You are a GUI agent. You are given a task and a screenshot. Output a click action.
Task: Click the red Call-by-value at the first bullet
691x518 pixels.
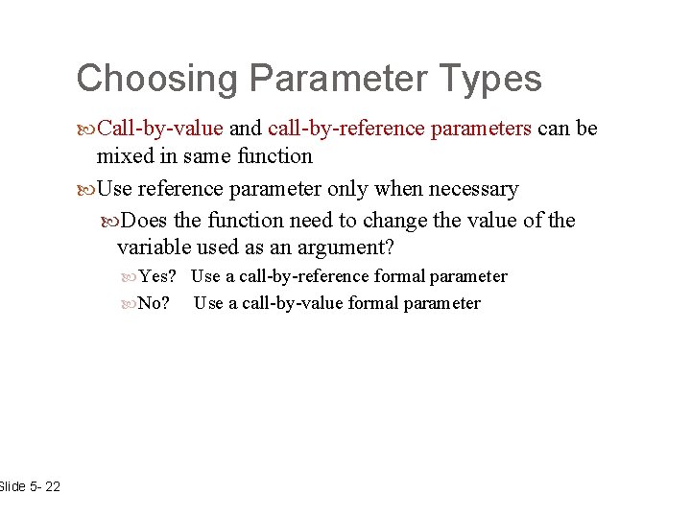click(160, 129)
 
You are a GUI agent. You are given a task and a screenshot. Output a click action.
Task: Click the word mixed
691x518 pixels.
click(125, 156)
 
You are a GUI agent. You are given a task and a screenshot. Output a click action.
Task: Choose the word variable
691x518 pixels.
click(151, 247)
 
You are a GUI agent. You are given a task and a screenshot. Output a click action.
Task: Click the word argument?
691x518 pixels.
click(345, 247)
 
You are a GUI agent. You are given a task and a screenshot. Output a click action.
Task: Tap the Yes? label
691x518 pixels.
click(158, 277)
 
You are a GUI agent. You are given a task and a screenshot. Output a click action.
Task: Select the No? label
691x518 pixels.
click(155, 304)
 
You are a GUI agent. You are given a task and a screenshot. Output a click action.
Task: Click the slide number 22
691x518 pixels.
click(52, 487)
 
